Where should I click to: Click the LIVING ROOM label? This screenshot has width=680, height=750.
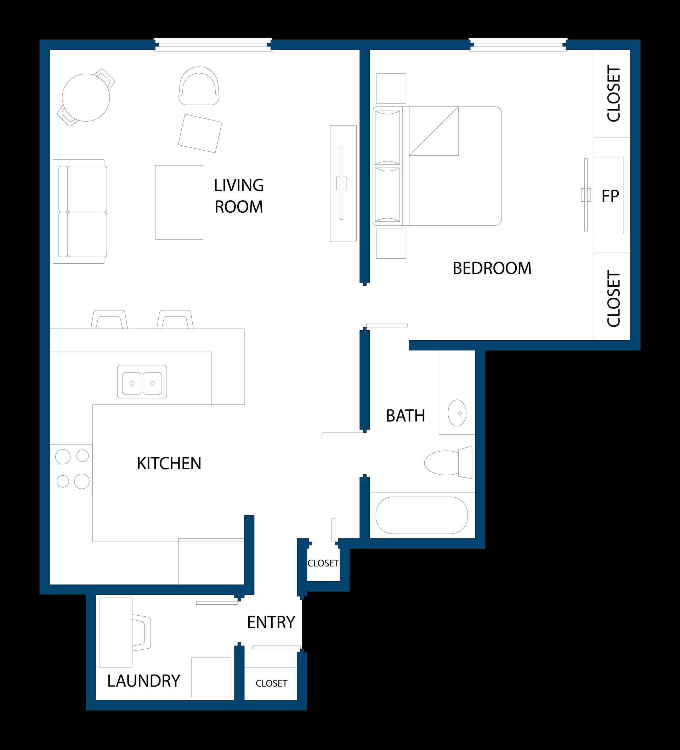pos(239,196)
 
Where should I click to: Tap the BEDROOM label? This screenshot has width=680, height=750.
pos(492,269)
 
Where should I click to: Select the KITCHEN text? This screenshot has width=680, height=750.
pos(169,464)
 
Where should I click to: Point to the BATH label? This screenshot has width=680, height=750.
pos(406,416)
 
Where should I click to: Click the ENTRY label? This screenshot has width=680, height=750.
pos(271,622)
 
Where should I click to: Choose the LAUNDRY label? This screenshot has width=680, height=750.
pos(144,681)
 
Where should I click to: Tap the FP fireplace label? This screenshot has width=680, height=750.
pos(611,196)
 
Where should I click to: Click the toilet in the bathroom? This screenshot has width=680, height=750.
pos(448,463)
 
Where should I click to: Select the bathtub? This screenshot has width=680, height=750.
pos(421,515)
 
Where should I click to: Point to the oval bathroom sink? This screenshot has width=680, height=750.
pos(457,413)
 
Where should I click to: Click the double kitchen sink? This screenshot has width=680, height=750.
pos(142,382)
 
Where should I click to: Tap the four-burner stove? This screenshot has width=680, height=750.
pos(72,469)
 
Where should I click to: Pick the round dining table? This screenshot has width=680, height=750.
pos(86,97)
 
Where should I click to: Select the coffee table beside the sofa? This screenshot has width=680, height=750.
pos(179,202)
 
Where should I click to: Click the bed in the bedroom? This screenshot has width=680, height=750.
pos(437,166)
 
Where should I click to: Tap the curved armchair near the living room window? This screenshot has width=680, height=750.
pos(199,86)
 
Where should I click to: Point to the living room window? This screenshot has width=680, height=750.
pos(213,45)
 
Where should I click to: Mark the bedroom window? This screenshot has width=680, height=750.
pos(518,45)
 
